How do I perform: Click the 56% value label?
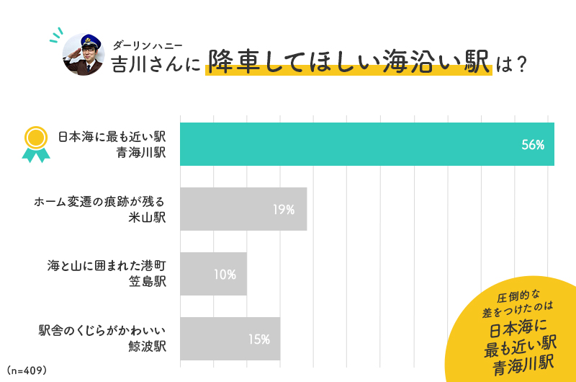tap(533, 145)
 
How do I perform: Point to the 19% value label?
tap(284, 210)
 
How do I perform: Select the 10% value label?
tap(225, 274)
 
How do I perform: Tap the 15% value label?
tap(258, 339)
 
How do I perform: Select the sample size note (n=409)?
tap(27, 370)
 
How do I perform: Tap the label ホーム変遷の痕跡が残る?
tap(100, 201)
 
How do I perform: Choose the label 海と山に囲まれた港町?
tap(107, 266)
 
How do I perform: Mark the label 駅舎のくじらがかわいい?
tap(102, 331)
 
